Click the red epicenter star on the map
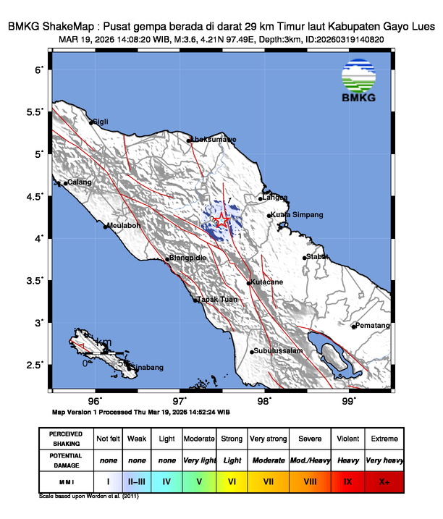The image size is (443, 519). click(x=222, y=221)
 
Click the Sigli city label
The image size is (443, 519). click(x=101, y=122)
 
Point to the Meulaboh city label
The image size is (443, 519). click(x=124, y=225)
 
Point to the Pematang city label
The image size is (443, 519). click(x=373, y=326)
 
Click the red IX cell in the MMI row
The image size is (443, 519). click(x=347, y=481)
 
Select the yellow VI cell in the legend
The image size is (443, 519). click(x=232, y=481)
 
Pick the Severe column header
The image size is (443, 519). click(x=309, y=439)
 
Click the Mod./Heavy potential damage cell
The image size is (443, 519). click(x=309, y=460)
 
